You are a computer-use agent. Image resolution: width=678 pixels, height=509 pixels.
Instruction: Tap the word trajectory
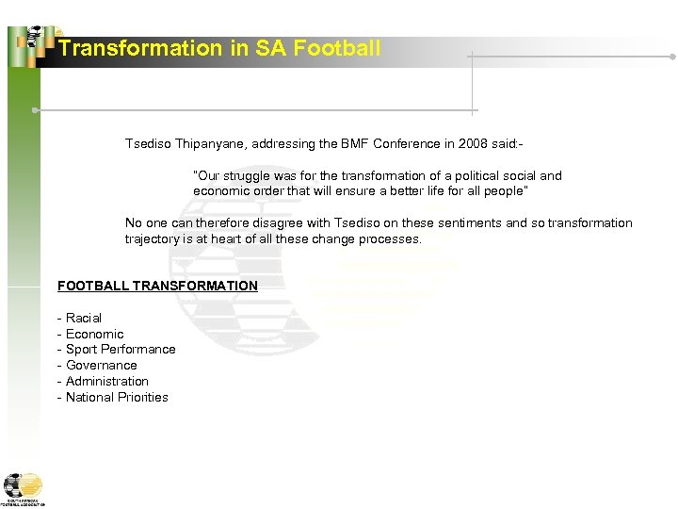(x=153, y=239)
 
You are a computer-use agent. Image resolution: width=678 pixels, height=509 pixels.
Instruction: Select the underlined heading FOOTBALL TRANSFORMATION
(x=157, y=286)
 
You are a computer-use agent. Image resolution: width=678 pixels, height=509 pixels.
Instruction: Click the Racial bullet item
(x=83, y=318)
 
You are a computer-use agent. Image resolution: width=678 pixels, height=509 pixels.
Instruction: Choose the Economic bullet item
(x=94, y=334)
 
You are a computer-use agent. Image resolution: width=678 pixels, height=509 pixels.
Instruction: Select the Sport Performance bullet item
(x=120, y=350)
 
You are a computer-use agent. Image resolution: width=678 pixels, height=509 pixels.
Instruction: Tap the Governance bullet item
(x=101, y=366)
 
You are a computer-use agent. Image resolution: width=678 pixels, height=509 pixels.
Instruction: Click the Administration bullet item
(x=106, y=382)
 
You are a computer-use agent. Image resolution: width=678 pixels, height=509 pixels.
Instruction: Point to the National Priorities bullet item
(x=117, y=398)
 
